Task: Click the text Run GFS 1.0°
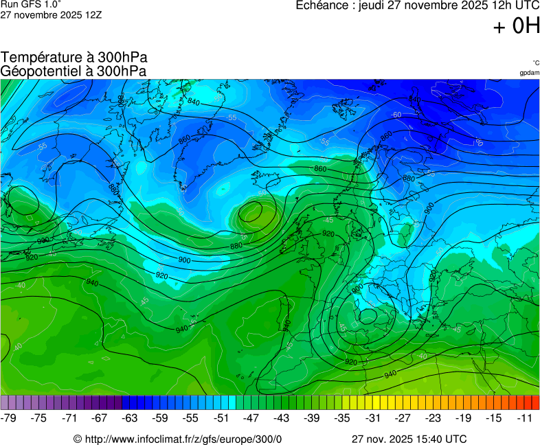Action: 31,4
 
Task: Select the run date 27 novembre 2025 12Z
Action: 51,14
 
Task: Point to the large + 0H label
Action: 516,26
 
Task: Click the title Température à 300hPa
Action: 74,58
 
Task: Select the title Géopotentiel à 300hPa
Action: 74,71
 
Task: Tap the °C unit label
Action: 535,62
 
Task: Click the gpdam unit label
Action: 529,72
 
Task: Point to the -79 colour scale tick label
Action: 9,418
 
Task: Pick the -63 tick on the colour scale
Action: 131,418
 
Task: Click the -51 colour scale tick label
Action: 221,418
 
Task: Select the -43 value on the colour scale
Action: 282,418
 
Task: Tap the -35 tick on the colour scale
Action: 342,418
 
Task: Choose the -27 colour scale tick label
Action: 403,418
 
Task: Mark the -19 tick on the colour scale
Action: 464,418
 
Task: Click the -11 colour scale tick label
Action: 524,418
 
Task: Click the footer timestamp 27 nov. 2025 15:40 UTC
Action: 409,439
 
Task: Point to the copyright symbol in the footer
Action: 78,439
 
